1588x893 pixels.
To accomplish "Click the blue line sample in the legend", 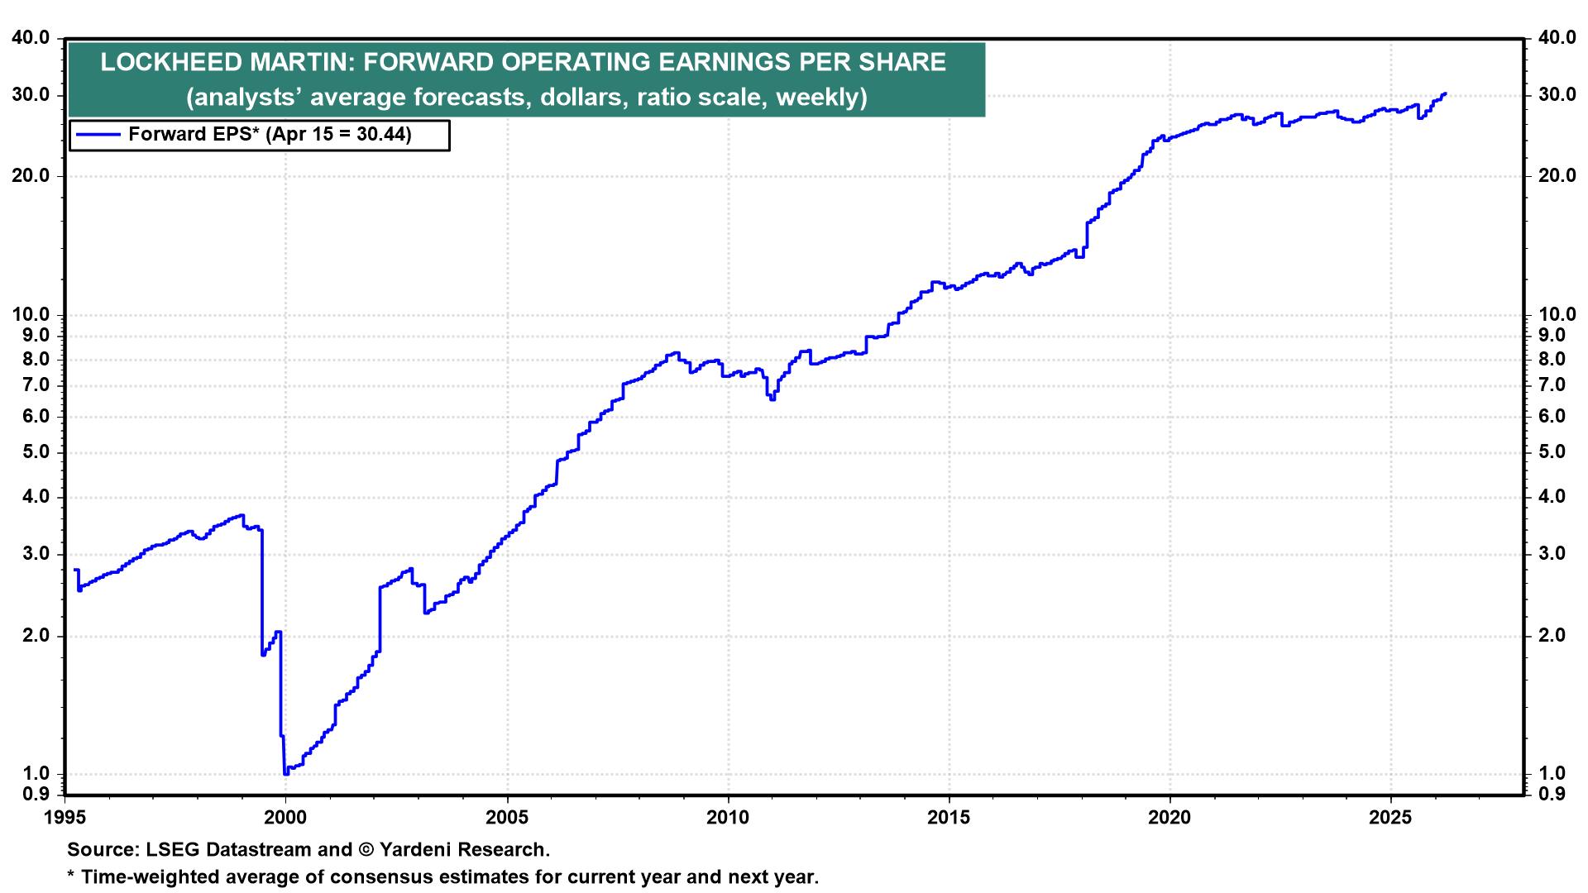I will click(97, 135).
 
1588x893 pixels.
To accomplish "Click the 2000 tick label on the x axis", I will click(285, 818).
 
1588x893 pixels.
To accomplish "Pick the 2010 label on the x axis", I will click(728, 818).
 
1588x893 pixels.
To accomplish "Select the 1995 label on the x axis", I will click(65, 818).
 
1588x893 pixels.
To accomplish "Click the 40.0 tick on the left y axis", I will click(31, 38).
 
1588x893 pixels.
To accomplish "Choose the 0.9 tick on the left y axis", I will click(36, 795).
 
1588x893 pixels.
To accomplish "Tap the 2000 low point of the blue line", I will click(286, 773).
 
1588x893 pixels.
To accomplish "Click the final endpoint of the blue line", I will click(1445, 93).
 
